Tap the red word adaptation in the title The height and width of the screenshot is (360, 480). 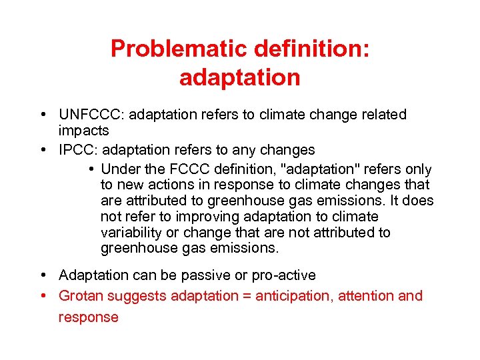click(x=239, y=78)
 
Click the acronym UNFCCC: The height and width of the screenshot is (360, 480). click(x=91, y=115)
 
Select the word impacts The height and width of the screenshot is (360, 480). click(x=83, y=131)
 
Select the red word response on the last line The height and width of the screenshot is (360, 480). click(x=88, y=317)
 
